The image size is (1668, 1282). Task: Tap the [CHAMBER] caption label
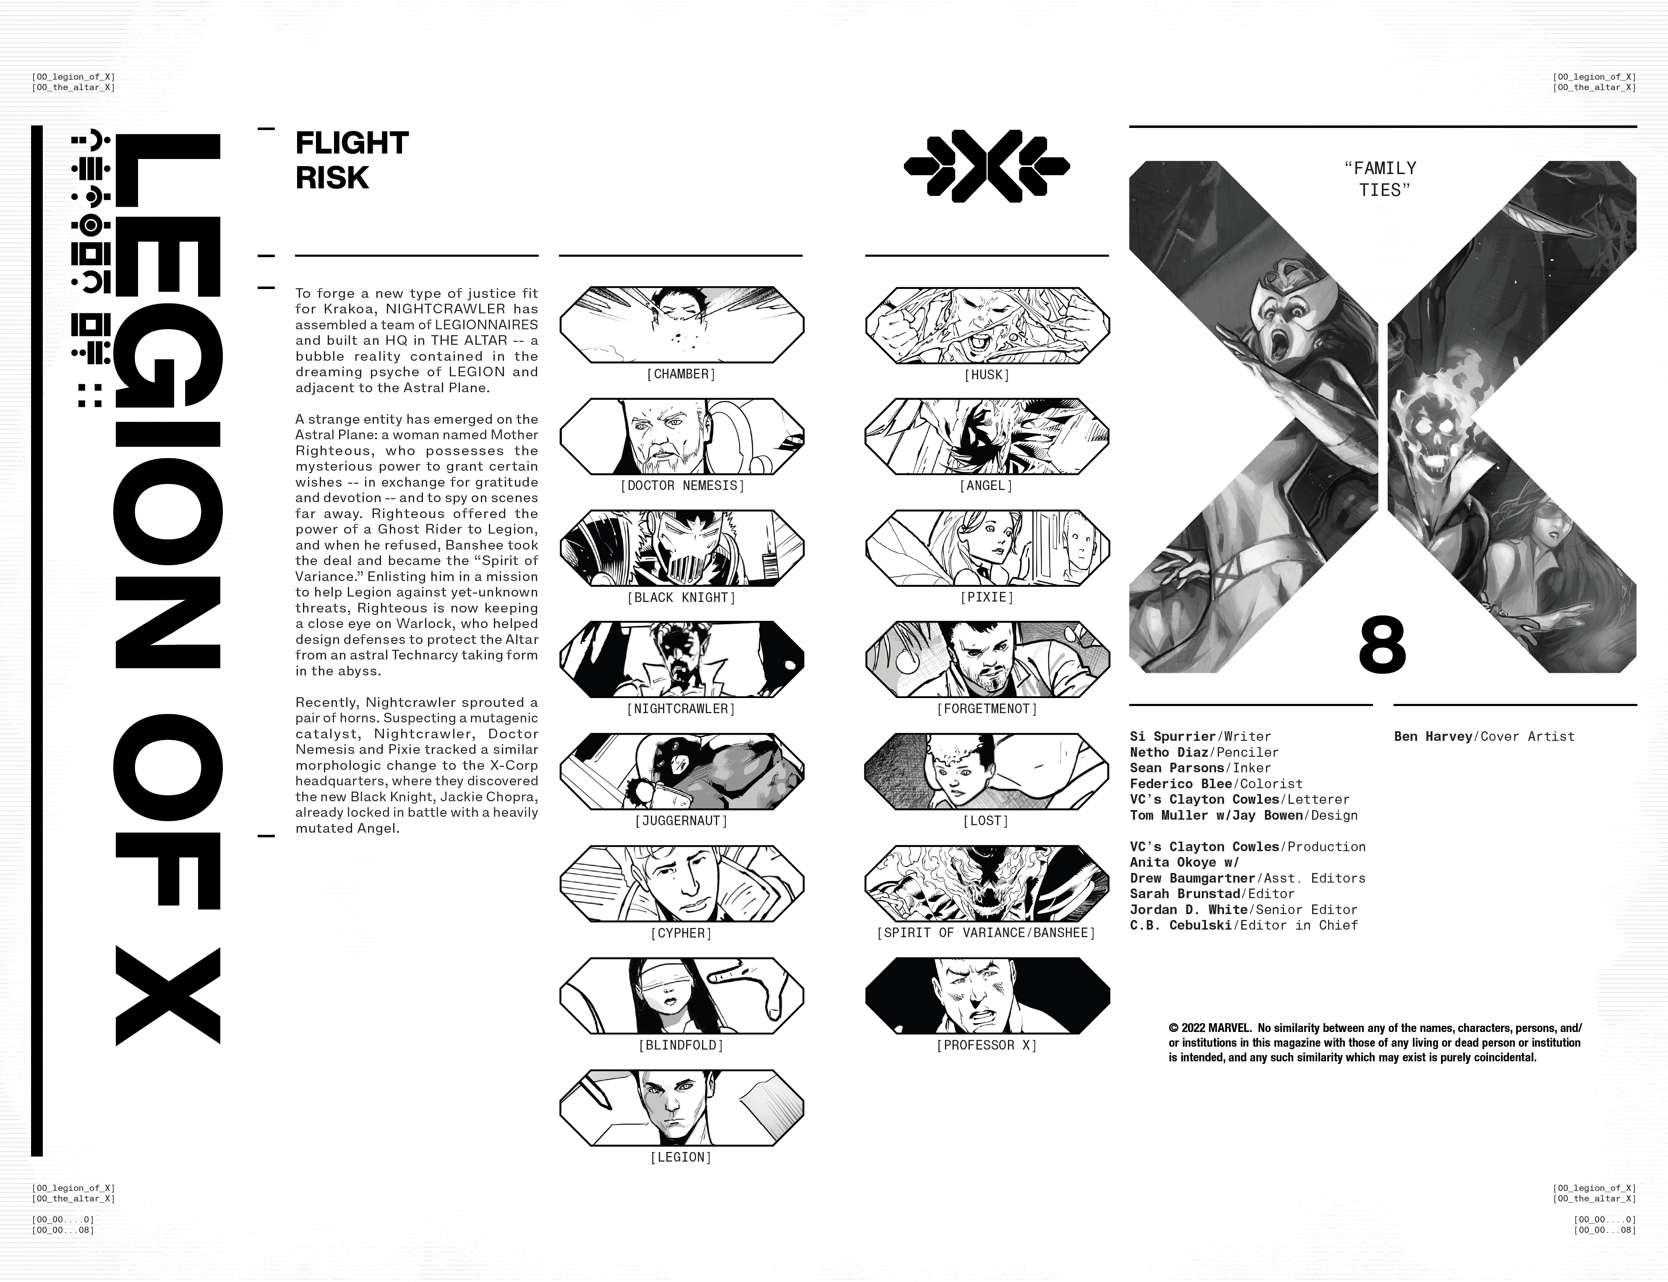[681, 374]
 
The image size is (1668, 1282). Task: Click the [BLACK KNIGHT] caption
[681, 597]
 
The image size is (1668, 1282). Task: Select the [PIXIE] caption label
[987, 597]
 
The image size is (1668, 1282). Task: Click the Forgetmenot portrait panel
[987, 660]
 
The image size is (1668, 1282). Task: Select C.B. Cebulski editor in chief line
[1244, 925]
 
